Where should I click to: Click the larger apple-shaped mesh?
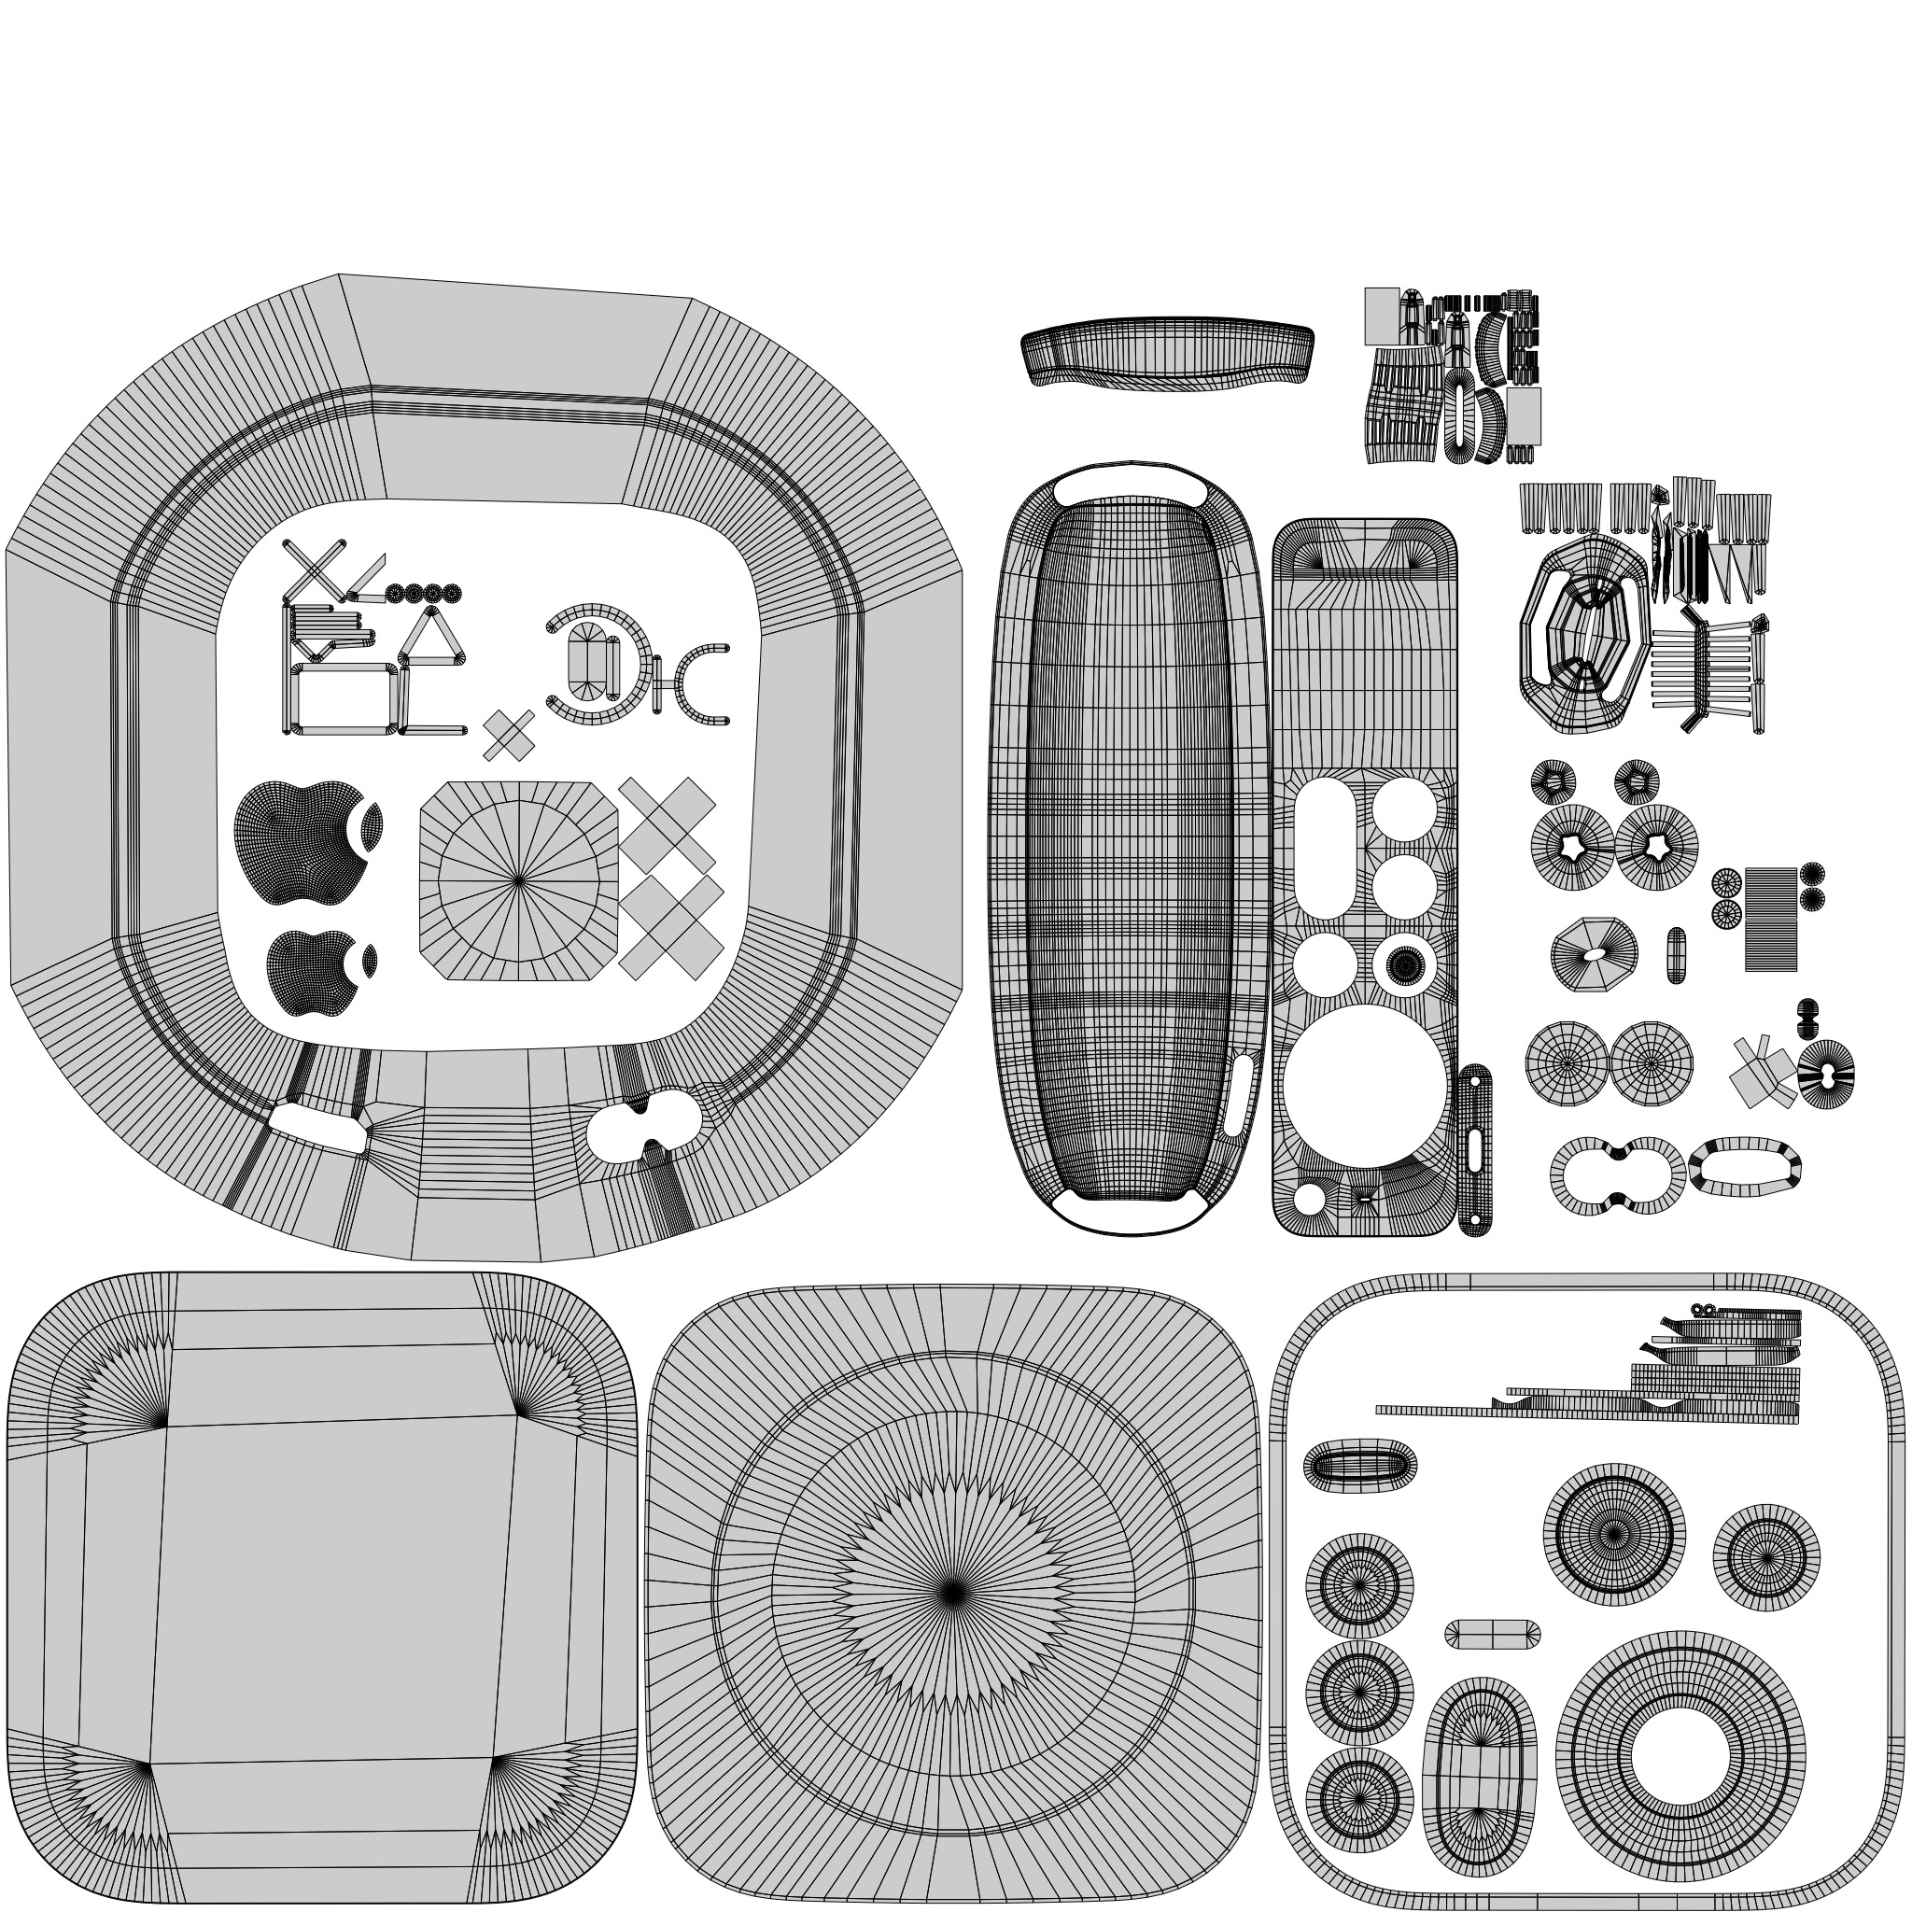(297, 841)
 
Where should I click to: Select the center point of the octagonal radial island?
(518, 879)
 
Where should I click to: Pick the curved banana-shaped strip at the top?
(1168, 351)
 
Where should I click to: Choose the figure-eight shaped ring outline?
(1617, 1174)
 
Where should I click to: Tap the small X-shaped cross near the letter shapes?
(509, 736)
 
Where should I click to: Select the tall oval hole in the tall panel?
(1325, 847)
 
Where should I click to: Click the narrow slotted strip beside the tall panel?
(1474, 1150)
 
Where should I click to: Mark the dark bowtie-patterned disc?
(1825, 1075)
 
